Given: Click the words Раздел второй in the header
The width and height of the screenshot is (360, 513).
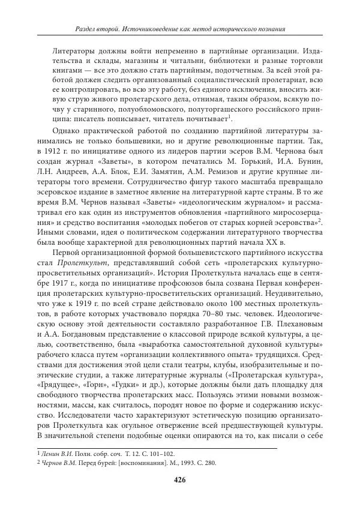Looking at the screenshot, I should (x=101, y=29).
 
